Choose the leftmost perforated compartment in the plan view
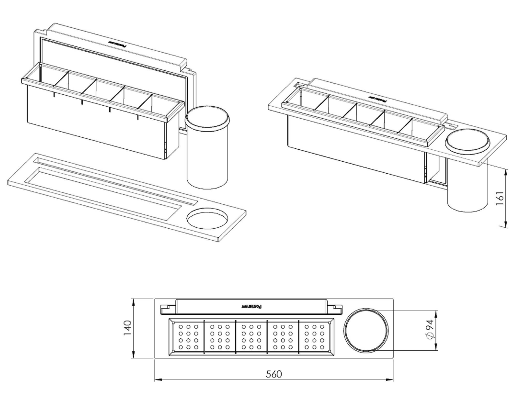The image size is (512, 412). (x=188, y=338)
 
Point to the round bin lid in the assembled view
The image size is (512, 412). (x=468, y=143)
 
